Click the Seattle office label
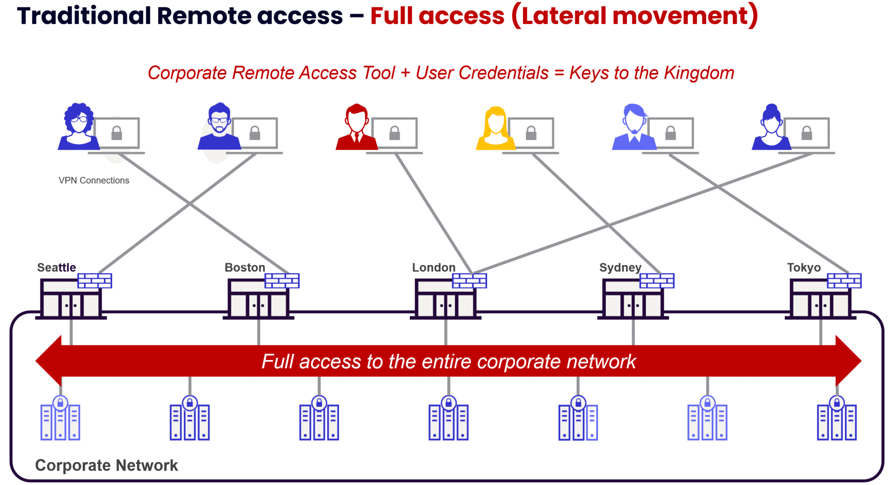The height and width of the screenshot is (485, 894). [x=56, y=268]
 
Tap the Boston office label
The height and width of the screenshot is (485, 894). [x=244, y=268]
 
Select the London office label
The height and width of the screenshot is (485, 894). [x=433, y=268]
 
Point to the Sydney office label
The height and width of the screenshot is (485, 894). [x=620, y=268]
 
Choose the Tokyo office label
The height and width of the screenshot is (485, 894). [x=804, y=268]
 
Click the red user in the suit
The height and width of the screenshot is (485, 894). [x=356, y=127]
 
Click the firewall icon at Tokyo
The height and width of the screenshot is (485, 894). [x=844, y=281]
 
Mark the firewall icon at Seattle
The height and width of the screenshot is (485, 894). [x=95, y=281]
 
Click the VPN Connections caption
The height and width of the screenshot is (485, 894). [x=94, y=180]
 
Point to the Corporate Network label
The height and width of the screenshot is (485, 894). [x=107, y=465]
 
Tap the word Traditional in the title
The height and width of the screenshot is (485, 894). [x=84, y=16]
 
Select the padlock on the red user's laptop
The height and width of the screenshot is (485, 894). [x=395, y=133]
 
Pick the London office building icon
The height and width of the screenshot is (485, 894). [x=445, y=300]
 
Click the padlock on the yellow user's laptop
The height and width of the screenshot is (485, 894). [x=531, y=133]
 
